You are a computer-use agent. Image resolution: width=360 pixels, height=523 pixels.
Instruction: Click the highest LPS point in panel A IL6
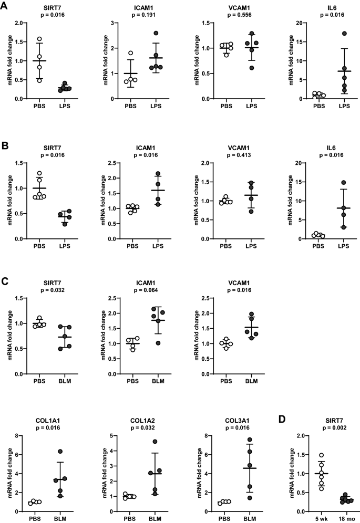[330, 34]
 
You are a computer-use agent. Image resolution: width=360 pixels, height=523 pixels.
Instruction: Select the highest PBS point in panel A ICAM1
[130, 53]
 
